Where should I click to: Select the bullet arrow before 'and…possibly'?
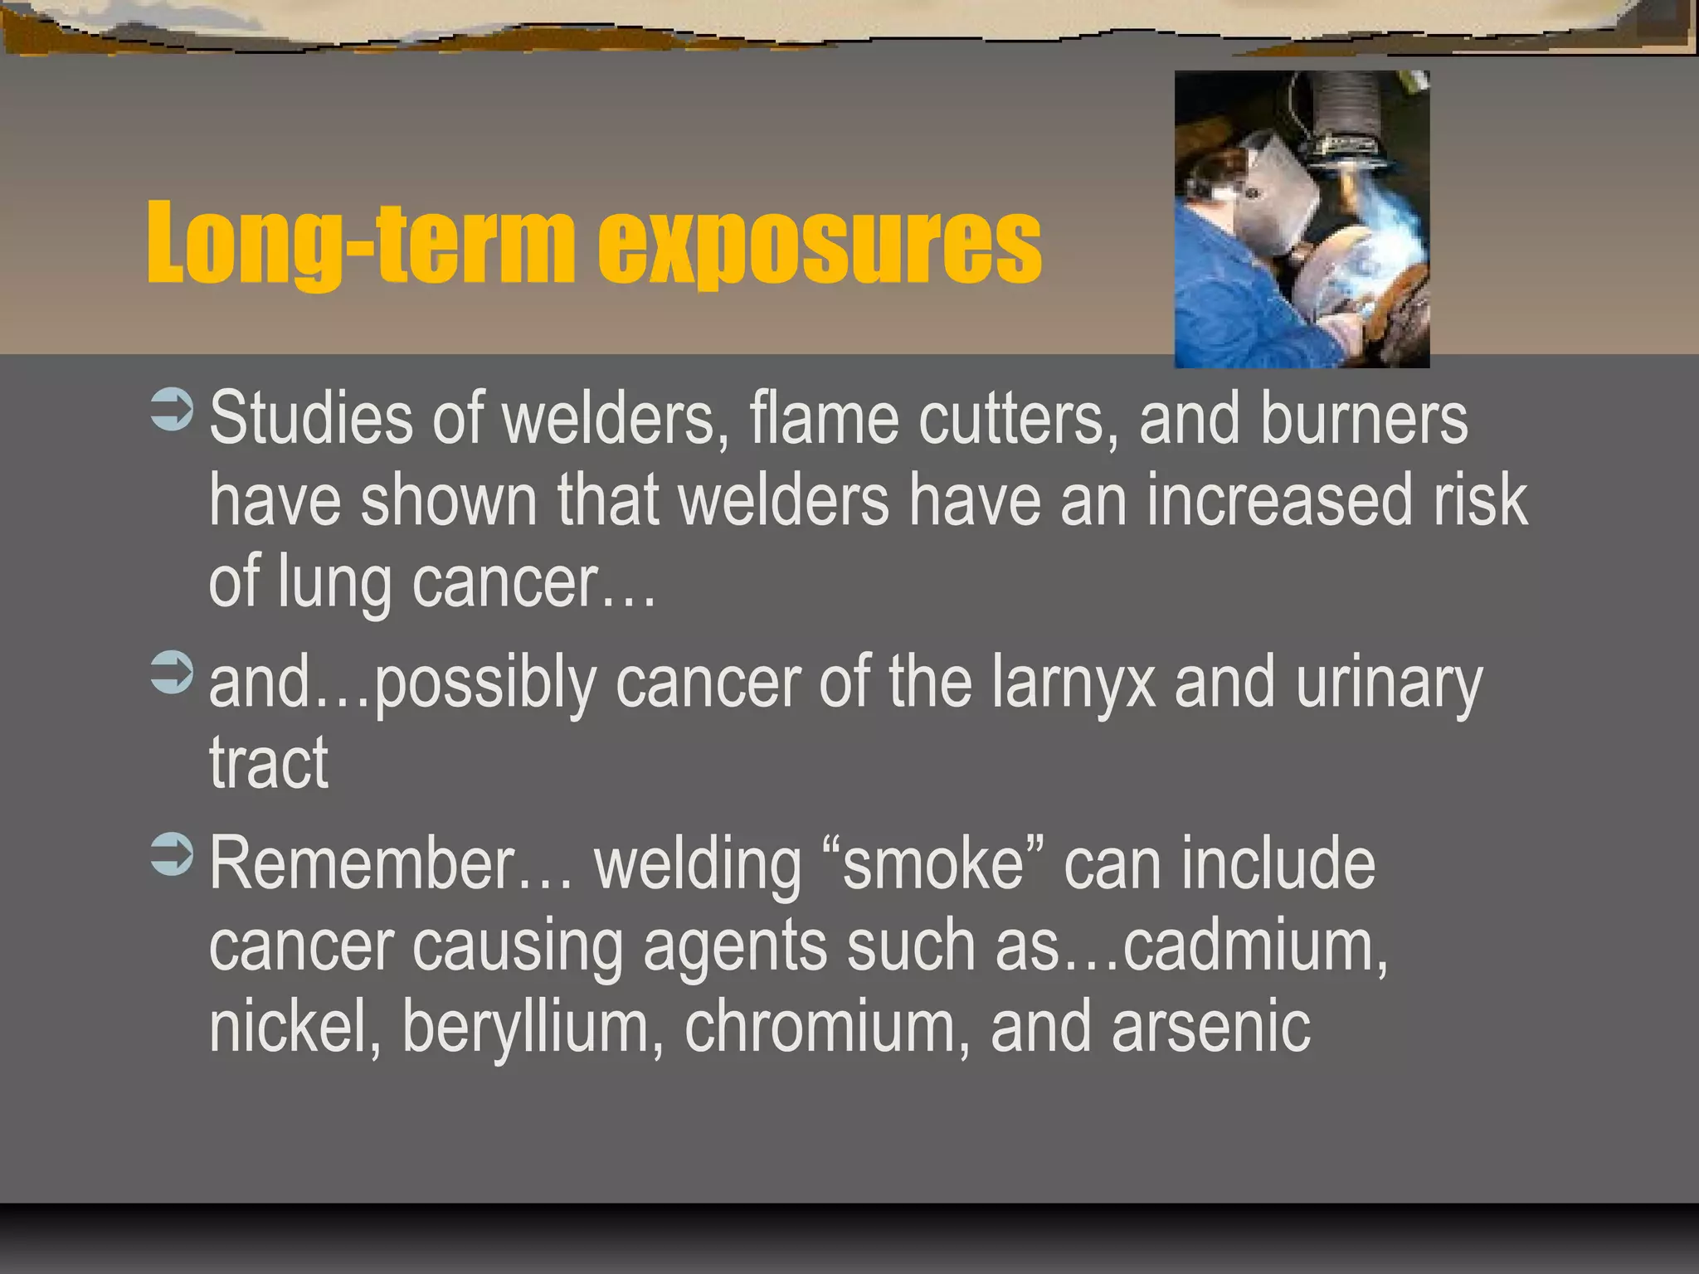[x=173, y=673]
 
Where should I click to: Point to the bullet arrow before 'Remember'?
[x=173, y=855]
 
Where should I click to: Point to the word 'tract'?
[x=268, y=763]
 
